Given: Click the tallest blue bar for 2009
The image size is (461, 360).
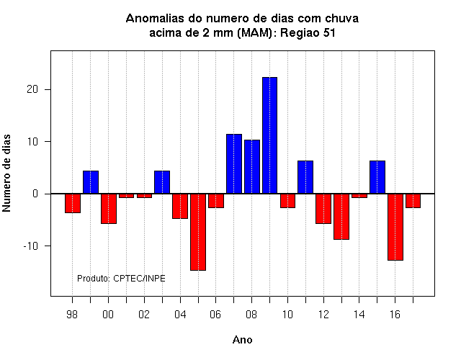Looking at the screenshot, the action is tap(269, 135).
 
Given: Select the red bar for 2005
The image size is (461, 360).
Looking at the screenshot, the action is tap(198, 232).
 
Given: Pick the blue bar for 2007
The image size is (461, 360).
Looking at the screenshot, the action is tap(234, 164).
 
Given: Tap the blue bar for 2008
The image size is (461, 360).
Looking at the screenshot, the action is tap(252, 166).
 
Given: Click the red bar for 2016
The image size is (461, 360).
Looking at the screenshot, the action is tap(395, 227).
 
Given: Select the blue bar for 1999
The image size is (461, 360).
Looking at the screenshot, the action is tap(91, 182).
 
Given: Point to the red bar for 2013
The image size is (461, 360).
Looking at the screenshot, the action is tap(341, 217).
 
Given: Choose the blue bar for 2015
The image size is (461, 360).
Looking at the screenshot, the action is tap(377, 177).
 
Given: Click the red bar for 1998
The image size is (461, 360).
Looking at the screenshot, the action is tap(73, 203).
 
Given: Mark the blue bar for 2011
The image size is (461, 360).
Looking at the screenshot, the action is tap(305, 177).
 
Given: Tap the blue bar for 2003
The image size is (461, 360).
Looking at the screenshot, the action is tap(162, 182).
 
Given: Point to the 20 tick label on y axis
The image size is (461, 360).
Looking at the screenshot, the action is tap(32, 89).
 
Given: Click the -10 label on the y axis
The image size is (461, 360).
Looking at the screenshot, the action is tap(31, 246).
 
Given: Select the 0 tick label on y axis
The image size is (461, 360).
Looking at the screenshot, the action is tap(35, 194).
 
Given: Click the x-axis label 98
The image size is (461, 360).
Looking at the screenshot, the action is tap(72, 315).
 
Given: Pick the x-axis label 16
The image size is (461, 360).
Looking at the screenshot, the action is tap(395, 315).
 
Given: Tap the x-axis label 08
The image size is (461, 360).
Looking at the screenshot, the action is tap(251, 315).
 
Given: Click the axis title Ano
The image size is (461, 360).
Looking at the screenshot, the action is tap(243, 340).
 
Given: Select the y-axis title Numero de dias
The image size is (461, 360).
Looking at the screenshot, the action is tap(6, 173).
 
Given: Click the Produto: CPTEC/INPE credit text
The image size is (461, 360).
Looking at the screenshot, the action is tap(121, 279).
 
